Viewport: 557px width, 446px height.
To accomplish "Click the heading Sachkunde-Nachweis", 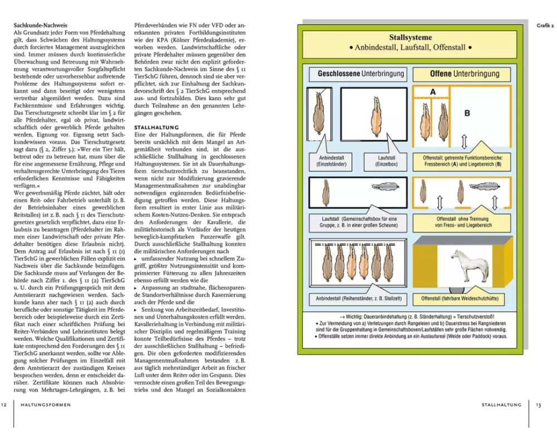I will click(x=41, y=25).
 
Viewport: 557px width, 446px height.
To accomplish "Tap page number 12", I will click(x=4, y=405).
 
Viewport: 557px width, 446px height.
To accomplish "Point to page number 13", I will click(x=538, y=405).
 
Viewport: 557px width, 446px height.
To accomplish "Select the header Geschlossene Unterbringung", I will click(x=361, y=74).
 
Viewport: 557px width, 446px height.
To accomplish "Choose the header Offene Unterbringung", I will click(x=465, y=74).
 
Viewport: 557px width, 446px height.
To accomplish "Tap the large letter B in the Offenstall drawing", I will click(x=467, y=113).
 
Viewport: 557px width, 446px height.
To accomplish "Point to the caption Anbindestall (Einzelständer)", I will click(x=333, y=162).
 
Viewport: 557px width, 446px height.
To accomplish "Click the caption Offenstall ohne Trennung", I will click(x=462, y=222).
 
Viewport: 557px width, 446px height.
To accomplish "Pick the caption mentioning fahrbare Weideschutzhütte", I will click(x=462, y=298).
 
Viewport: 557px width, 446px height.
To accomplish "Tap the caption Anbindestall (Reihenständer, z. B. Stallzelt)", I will click(x=356, y=298).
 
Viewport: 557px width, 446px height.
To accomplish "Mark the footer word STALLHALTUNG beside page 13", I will click(x=501, y=405).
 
